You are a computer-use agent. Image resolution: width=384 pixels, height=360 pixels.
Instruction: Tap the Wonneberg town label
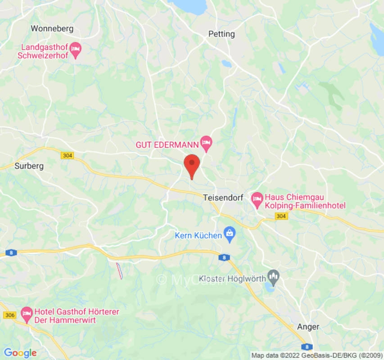(52, 29)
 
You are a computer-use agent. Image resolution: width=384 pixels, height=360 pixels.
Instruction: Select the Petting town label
(221, 34)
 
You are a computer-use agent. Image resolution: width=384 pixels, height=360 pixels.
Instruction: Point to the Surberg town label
(29, 166)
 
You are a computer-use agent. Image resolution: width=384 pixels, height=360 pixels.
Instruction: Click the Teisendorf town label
(223, 198)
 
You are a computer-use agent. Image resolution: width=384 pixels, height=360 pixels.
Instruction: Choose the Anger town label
(308, 327)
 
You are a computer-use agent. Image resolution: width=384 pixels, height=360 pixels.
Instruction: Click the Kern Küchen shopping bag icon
(230, 235)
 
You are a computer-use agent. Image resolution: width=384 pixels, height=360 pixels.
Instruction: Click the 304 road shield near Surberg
(67, 155)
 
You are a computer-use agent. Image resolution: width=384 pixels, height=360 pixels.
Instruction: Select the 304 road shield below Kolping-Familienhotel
(281, 217)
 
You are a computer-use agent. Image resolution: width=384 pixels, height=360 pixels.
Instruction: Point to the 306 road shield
(9, 315)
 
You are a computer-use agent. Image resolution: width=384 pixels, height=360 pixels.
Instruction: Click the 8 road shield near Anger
(307, 347)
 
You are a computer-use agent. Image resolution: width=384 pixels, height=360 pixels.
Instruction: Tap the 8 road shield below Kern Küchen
(223, 257)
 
